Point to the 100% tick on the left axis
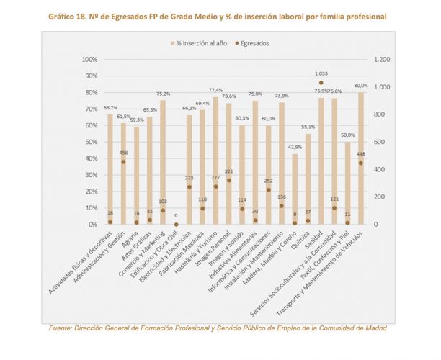coord(89,60)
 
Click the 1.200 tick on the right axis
coord(381,60)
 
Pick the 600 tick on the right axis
coord(378,142)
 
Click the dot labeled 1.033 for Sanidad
coord(321,83)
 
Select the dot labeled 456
coord(123,162)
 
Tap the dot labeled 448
coord(361,163)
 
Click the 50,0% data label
coord(347,135)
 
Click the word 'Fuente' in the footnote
coord(62,328)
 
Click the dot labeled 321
coord(229,180)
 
